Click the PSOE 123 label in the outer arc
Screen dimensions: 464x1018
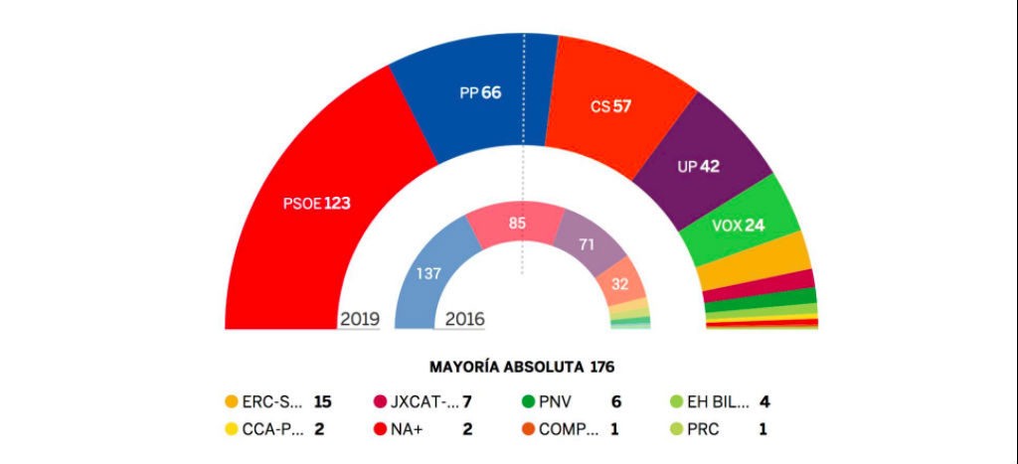(316, 204)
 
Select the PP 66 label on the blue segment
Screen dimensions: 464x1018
(479, 92)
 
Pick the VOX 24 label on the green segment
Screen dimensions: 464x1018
(738, 225)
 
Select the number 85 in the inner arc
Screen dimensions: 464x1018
(517, 224)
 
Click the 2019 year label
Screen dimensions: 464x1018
(359, 319)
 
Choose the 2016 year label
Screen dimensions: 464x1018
(464, 319)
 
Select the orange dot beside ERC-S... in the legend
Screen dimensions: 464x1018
(232, 402)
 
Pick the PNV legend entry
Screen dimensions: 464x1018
(558, 402)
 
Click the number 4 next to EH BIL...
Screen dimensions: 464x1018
(765, 402)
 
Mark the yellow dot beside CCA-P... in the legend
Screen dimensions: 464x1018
(232, 430)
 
